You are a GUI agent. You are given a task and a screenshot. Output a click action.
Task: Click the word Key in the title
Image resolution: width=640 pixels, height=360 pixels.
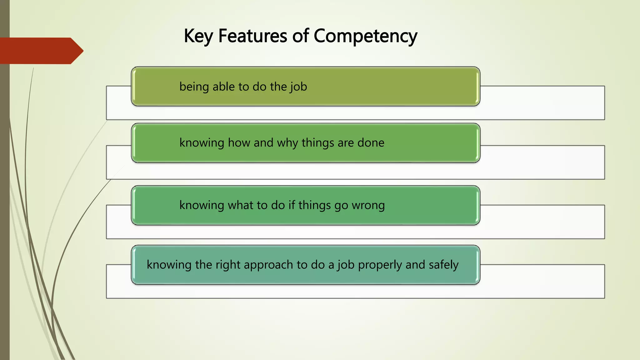tap(198, 36)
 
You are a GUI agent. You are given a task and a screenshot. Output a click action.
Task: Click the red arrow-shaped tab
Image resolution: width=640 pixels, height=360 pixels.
tap(41, 51)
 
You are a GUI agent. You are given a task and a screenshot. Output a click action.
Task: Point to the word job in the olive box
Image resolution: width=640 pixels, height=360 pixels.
tap(298, 87)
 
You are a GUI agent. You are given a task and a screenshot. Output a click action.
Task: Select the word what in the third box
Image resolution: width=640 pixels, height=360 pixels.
tap(241, 205)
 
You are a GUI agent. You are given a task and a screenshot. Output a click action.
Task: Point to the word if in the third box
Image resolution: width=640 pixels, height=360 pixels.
tap(292, 205)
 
